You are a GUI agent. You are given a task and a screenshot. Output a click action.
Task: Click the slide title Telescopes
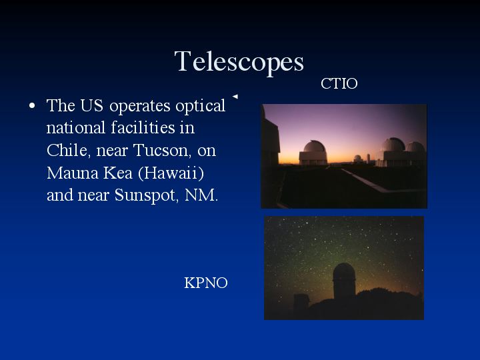click(x=239, y=62)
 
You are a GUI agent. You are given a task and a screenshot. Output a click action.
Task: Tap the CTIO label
click(x=339, y=83)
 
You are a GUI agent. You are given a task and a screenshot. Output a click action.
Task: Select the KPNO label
click(x=206, y=283)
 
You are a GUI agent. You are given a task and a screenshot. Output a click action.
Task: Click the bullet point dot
click(x=32, y=106)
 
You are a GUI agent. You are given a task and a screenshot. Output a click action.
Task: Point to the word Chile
click(x=67, y=150)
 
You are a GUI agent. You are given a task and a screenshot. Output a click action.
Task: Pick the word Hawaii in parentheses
click(x=171, y=173)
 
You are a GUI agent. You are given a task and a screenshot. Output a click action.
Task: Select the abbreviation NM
click(x=201, y=195)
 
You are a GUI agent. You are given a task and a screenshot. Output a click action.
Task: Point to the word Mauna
click(x=73, y=173)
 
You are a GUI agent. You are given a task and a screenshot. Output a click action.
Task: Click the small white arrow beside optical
click(x=235, y=97)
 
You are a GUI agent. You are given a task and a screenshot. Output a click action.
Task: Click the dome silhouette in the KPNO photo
click(x=344, y=281)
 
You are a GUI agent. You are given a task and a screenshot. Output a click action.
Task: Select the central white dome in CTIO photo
click(x=313, y=153)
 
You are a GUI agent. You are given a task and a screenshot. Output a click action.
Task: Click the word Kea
click(x=118, y=173)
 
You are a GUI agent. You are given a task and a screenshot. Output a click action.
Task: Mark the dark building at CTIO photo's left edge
click(x=270, y=141)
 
